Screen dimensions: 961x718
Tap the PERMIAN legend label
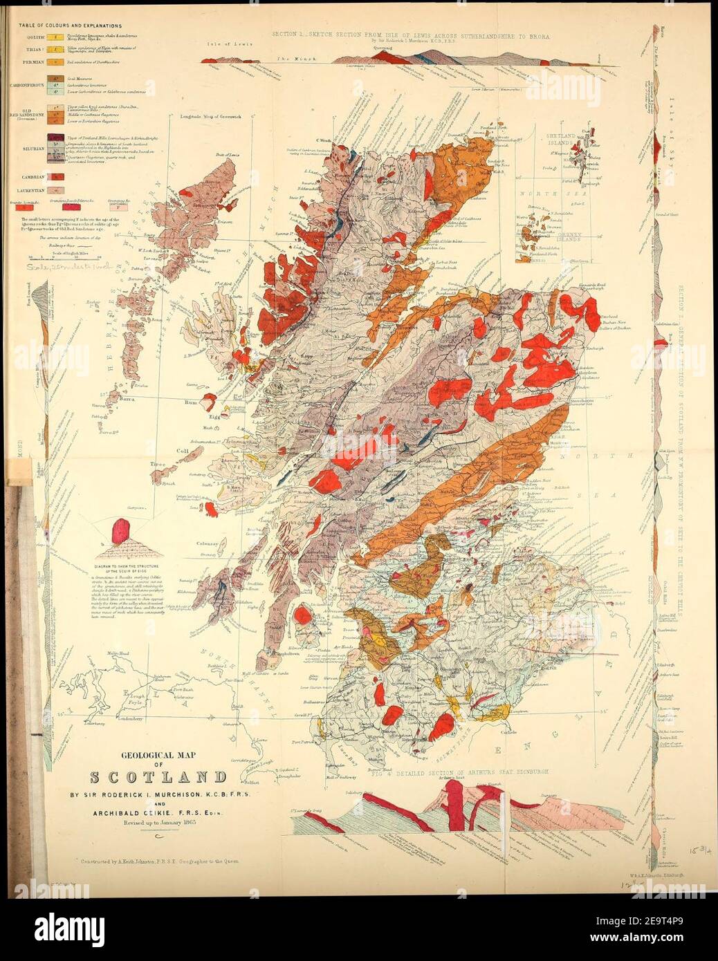[x=33, y=62]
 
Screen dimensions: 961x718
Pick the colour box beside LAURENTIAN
[x=54, y=189]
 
